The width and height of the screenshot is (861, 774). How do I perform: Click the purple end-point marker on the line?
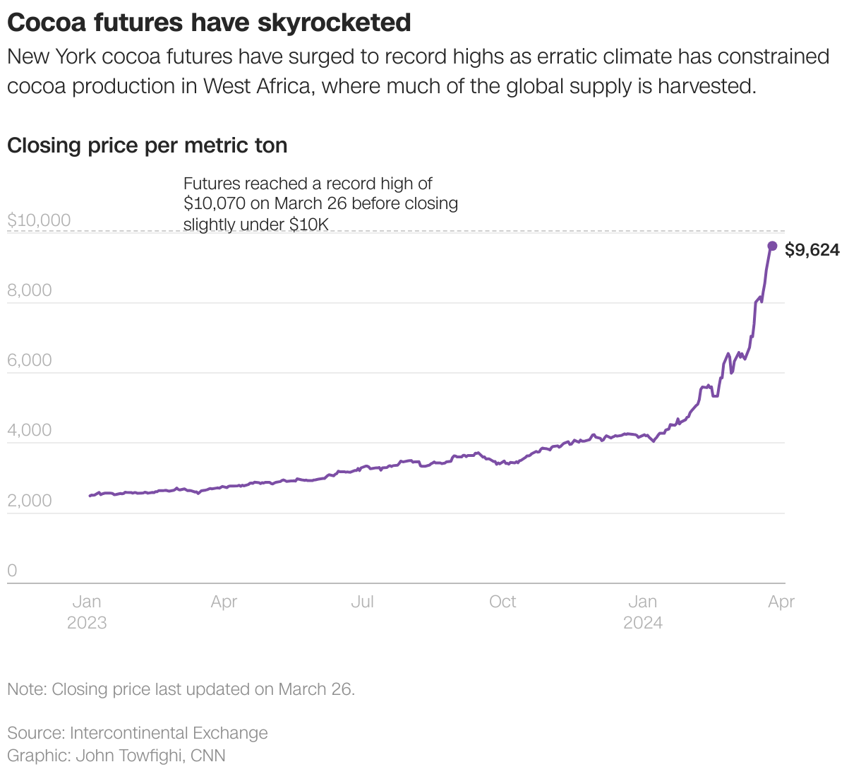pos(772,246)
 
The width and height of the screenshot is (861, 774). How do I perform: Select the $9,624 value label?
pos(812,250)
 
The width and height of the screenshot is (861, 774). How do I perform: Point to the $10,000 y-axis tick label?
pos(39,220)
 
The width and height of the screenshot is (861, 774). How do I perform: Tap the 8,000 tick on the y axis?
pos(30,290)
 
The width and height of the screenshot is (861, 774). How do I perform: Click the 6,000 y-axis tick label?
pos(30,360)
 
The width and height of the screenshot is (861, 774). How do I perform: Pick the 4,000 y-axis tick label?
pos(30,430)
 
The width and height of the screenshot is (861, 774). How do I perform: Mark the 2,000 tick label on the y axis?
pos(30,500)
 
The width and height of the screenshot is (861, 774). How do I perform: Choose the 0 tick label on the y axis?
pos(12,571)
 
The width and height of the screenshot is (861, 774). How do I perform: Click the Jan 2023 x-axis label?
pos(87,612)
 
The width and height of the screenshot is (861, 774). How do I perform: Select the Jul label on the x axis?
pos(362,602)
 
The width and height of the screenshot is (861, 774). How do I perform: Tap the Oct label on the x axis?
pos(502,602)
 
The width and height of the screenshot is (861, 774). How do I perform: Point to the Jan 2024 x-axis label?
pos(643,612)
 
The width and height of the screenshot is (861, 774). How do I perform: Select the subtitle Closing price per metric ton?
pos(147,145)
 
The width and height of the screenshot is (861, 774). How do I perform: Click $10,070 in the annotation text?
pos(215,203)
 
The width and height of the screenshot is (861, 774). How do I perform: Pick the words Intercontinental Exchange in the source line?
pos(169,733)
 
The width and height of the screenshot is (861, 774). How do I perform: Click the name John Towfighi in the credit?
pos(131,756)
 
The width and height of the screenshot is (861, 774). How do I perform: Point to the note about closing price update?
pos(181,689)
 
